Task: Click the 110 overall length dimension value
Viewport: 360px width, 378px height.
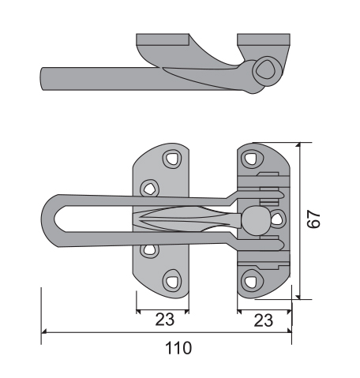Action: (178, 348)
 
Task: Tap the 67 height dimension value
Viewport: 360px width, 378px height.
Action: (313, 219)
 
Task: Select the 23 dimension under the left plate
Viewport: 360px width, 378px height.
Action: (165, 320)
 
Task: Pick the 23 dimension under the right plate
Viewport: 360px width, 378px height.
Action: (264, 320)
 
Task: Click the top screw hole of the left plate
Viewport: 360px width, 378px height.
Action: (172, 159)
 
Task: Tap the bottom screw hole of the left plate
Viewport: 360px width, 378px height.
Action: (172, 281)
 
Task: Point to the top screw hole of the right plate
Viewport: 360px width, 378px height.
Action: (250, 159)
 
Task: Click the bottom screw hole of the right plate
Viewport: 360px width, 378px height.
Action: (250, 281)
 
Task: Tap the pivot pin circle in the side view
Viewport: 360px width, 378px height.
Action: (267, 69)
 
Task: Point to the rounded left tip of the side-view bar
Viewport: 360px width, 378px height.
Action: (42, 79)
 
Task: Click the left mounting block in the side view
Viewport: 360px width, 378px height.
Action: (163, 39)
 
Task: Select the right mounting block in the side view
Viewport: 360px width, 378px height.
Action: (264, 39)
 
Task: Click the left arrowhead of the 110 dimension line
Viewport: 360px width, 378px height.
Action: (43, 332)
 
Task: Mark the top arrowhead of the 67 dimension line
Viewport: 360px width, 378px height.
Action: (298, 145)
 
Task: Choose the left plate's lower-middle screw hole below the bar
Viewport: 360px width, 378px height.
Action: (149, 250)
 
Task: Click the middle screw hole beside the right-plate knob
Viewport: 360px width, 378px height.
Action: (277, 219)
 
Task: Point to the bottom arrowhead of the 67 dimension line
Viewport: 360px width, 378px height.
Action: (298, 297)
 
